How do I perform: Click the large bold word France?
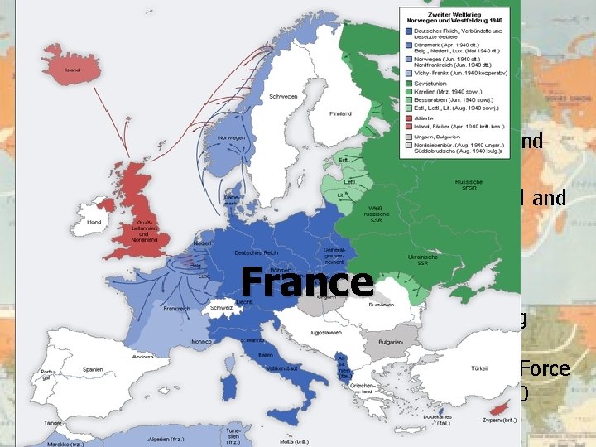tap(307, 281)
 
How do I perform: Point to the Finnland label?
tap(339, 113)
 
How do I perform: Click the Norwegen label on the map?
tap(229, 138)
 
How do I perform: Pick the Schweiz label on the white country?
tap(220, 306)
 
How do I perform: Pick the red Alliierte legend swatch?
tap(407, 118)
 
